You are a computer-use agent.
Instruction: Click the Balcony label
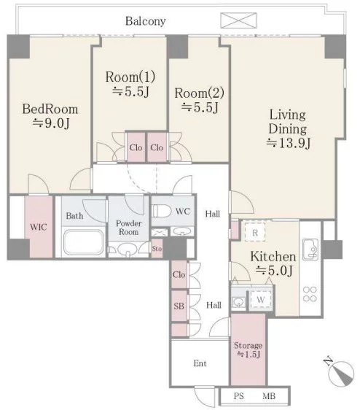146,21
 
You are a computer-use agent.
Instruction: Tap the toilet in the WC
162,211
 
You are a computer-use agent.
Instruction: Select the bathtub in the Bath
83,242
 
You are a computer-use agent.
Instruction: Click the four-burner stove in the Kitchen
310,294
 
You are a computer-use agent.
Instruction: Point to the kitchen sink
310,250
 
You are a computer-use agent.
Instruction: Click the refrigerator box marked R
255,232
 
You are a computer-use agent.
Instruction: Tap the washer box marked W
260,299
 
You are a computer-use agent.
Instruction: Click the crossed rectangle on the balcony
238,20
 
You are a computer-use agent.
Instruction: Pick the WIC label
39,227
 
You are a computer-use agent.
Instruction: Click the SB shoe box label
179,306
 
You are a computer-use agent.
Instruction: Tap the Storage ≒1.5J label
249,350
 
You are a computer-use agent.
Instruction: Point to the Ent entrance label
200,363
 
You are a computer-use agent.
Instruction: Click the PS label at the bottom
239,396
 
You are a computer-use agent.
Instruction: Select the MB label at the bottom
269,396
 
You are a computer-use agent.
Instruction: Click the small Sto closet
157,248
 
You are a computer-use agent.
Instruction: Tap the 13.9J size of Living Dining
289,143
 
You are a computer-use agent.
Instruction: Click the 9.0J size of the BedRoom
51,123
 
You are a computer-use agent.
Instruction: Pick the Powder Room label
128,228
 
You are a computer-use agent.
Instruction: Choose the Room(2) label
200,93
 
